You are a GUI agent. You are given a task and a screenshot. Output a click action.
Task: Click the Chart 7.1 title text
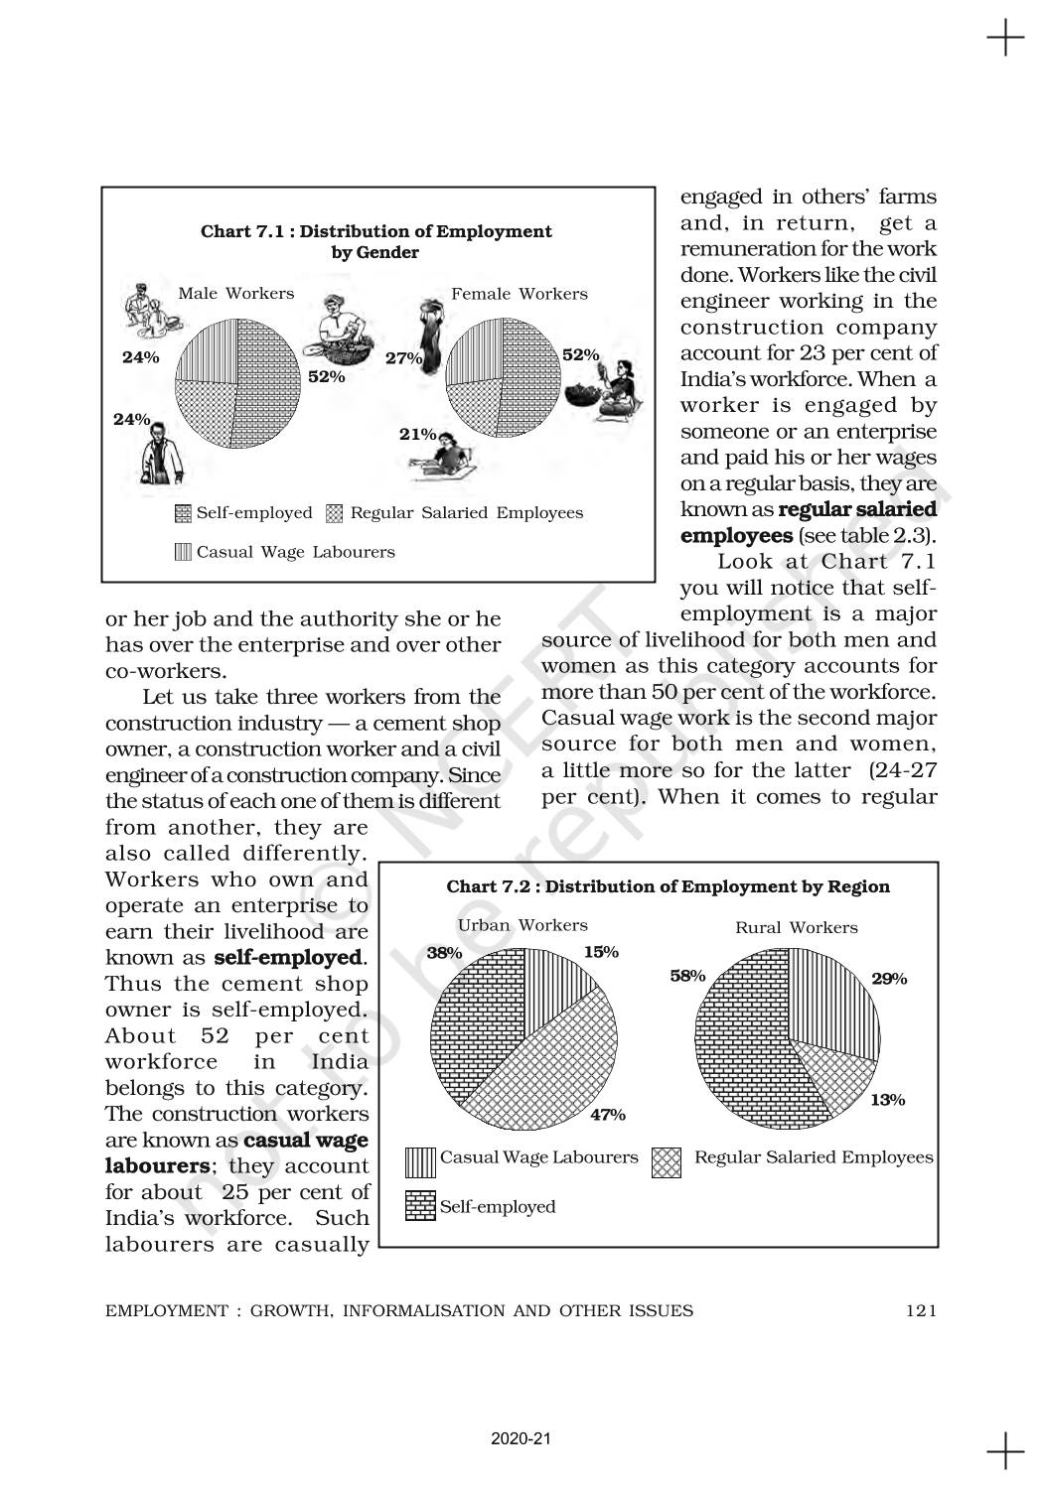point(376,241)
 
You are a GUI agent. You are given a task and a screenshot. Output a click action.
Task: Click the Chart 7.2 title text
point(668,886)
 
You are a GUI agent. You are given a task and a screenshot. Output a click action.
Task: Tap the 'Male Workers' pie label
point(236,294)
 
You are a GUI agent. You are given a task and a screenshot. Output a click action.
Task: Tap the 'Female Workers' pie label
point(520,294)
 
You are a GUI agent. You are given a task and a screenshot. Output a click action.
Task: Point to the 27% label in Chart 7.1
point(403,358)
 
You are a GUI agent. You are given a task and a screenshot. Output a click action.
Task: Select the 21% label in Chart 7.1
point(417,434)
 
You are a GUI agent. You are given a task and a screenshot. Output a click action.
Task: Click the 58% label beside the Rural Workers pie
point(687,976)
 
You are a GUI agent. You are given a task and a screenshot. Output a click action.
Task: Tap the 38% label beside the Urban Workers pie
point(444,952)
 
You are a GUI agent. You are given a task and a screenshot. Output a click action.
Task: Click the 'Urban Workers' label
point(522,925)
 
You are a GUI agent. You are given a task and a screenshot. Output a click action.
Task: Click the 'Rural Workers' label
point(797,927)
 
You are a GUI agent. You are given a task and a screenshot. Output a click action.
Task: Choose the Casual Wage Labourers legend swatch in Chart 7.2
point(420,1161)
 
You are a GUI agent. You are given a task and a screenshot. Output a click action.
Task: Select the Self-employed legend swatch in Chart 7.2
point(420,1206)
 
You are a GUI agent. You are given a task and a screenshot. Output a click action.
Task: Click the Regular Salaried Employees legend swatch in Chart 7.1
point(335,513)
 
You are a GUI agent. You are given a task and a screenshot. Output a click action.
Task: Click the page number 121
point(921,1310)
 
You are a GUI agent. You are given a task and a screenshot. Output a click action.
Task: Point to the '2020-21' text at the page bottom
point(521,1438)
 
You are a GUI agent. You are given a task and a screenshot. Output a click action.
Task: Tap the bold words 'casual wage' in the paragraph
point(306,1140)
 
